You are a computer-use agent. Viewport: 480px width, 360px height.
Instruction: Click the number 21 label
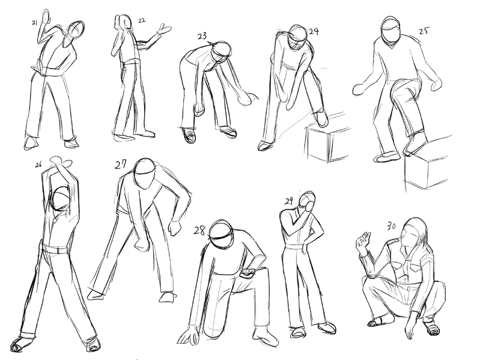pyautogui.click(x=34, y=23)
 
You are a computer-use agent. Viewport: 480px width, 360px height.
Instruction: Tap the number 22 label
pyautogui.click(x=142, y=21)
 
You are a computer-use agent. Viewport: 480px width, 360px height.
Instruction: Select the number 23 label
pyautogui.click(x=202, y=36)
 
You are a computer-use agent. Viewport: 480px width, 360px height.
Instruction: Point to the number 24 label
pyautogui.click(x=314, y=31)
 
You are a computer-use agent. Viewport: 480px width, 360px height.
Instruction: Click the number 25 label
pyautogui.click(x=424, y=31)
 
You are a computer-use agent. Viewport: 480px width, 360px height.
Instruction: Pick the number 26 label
pyautogui.click(x=38, y=165)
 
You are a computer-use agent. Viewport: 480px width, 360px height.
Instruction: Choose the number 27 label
pyautogui.click(x=121, y=165)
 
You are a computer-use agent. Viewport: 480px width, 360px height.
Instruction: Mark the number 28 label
pyautogui.click(x=199, y=231)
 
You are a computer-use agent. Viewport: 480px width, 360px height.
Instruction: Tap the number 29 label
pyautogui.click(x=289, y=201)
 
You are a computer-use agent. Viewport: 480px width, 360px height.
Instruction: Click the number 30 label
pyautogui.click(x=392, y=226)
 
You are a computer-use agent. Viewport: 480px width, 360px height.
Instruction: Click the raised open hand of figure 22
pyautogui.click(x=163, y=30)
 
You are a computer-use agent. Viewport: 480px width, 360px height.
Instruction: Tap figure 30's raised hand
pyautogui.click(x=363, y=240)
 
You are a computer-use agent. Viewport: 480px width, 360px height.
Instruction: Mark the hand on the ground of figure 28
pyautogui.click(x=189, y=337)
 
